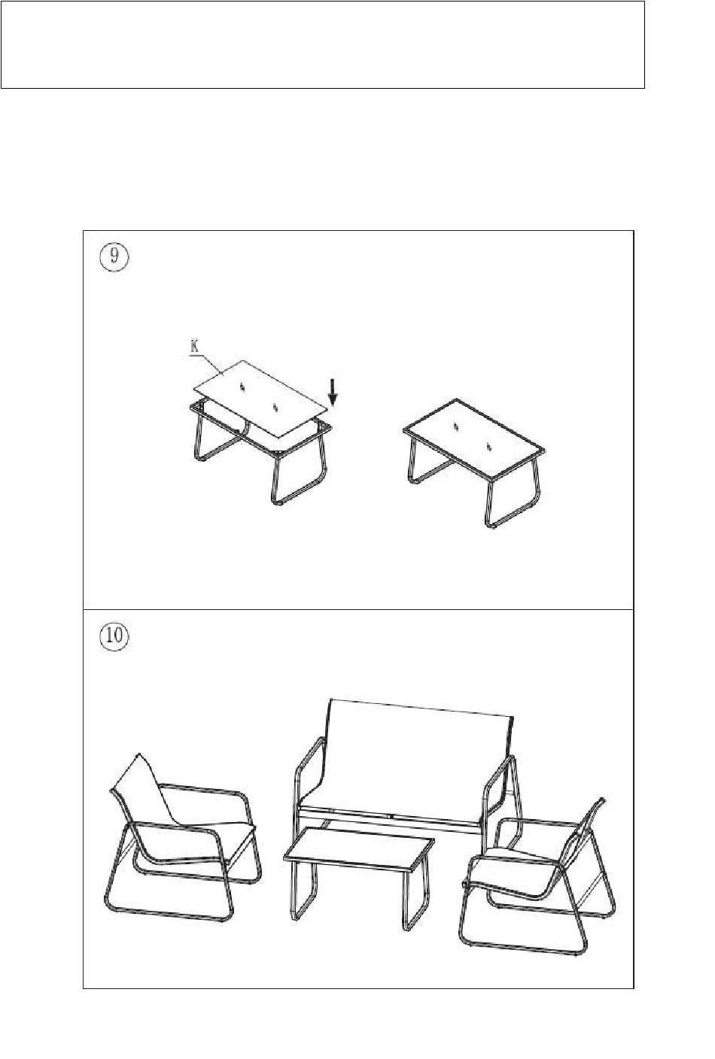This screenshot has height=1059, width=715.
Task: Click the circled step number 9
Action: click(x=114, y=258)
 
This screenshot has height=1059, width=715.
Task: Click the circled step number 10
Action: click(x=114, y=636)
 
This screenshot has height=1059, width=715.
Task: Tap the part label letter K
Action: click(x=194, y=346)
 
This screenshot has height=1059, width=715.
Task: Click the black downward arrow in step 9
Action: click(x=333, y=393)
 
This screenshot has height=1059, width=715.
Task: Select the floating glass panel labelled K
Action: click(x=260, y=398)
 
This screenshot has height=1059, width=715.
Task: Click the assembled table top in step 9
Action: click(x=474, y=441)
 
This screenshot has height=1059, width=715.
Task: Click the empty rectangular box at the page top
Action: click(x=323, y=44)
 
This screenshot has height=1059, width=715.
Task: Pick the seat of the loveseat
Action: click(x=391, y=821)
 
